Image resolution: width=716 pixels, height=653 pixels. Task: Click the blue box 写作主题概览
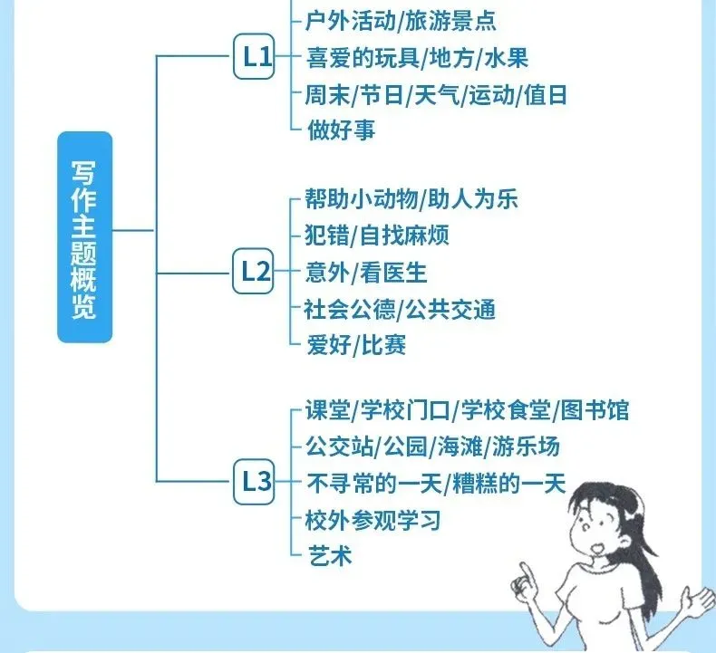coord(84,237)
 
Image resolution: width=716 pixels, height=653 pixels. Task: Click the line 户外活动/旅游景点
coord(402,20)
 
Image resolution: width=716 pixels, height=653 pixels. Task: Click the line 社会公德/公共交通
coord(401,308)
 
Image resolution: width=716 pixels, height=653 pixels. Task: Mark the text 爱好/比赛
coord(356,344)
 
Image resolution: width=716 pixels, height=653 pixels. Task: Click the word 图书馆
coord(595,411)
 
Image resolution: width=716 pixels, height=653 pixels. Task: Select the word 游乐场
coord(527,447)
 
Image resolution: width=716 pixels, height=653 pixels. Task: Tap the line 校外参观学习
coord(373,520)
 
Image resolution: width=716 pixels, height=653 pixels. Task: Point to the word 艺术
coord(329,555)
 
